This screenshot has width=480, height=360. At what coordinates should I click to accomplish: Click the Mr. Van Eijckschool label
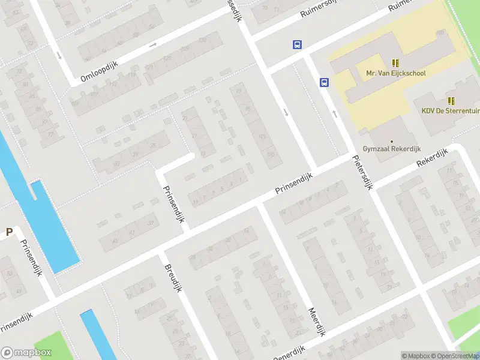click(396, 73)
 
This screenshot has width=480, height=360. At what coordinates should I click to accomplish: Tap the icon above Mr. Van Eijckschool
click(395, 62)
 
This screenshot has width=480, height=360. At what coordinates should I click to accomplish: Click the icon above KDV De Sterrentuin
click(451, 100)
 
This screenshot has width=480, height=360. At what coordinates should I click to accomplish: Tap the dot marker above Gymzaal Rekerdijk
click(392, 141)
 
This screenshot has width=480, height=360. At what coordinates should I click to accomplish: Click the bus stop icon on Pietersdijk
click(325, 83)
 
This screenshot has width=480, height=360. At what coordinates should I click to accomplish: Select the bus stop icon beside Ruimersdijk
click(297, 44)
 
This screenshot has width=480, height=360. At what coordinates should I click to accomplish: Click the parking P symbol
click(9, 232)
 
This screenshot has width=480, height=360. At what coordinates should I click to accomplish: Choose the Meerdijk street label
click(317, 322)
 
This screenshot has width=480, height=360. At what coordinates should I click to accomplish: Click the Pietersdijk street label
click(362, 173)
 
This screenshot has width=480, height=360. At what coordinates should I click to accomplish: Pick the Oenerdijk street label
click(289, 353)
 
